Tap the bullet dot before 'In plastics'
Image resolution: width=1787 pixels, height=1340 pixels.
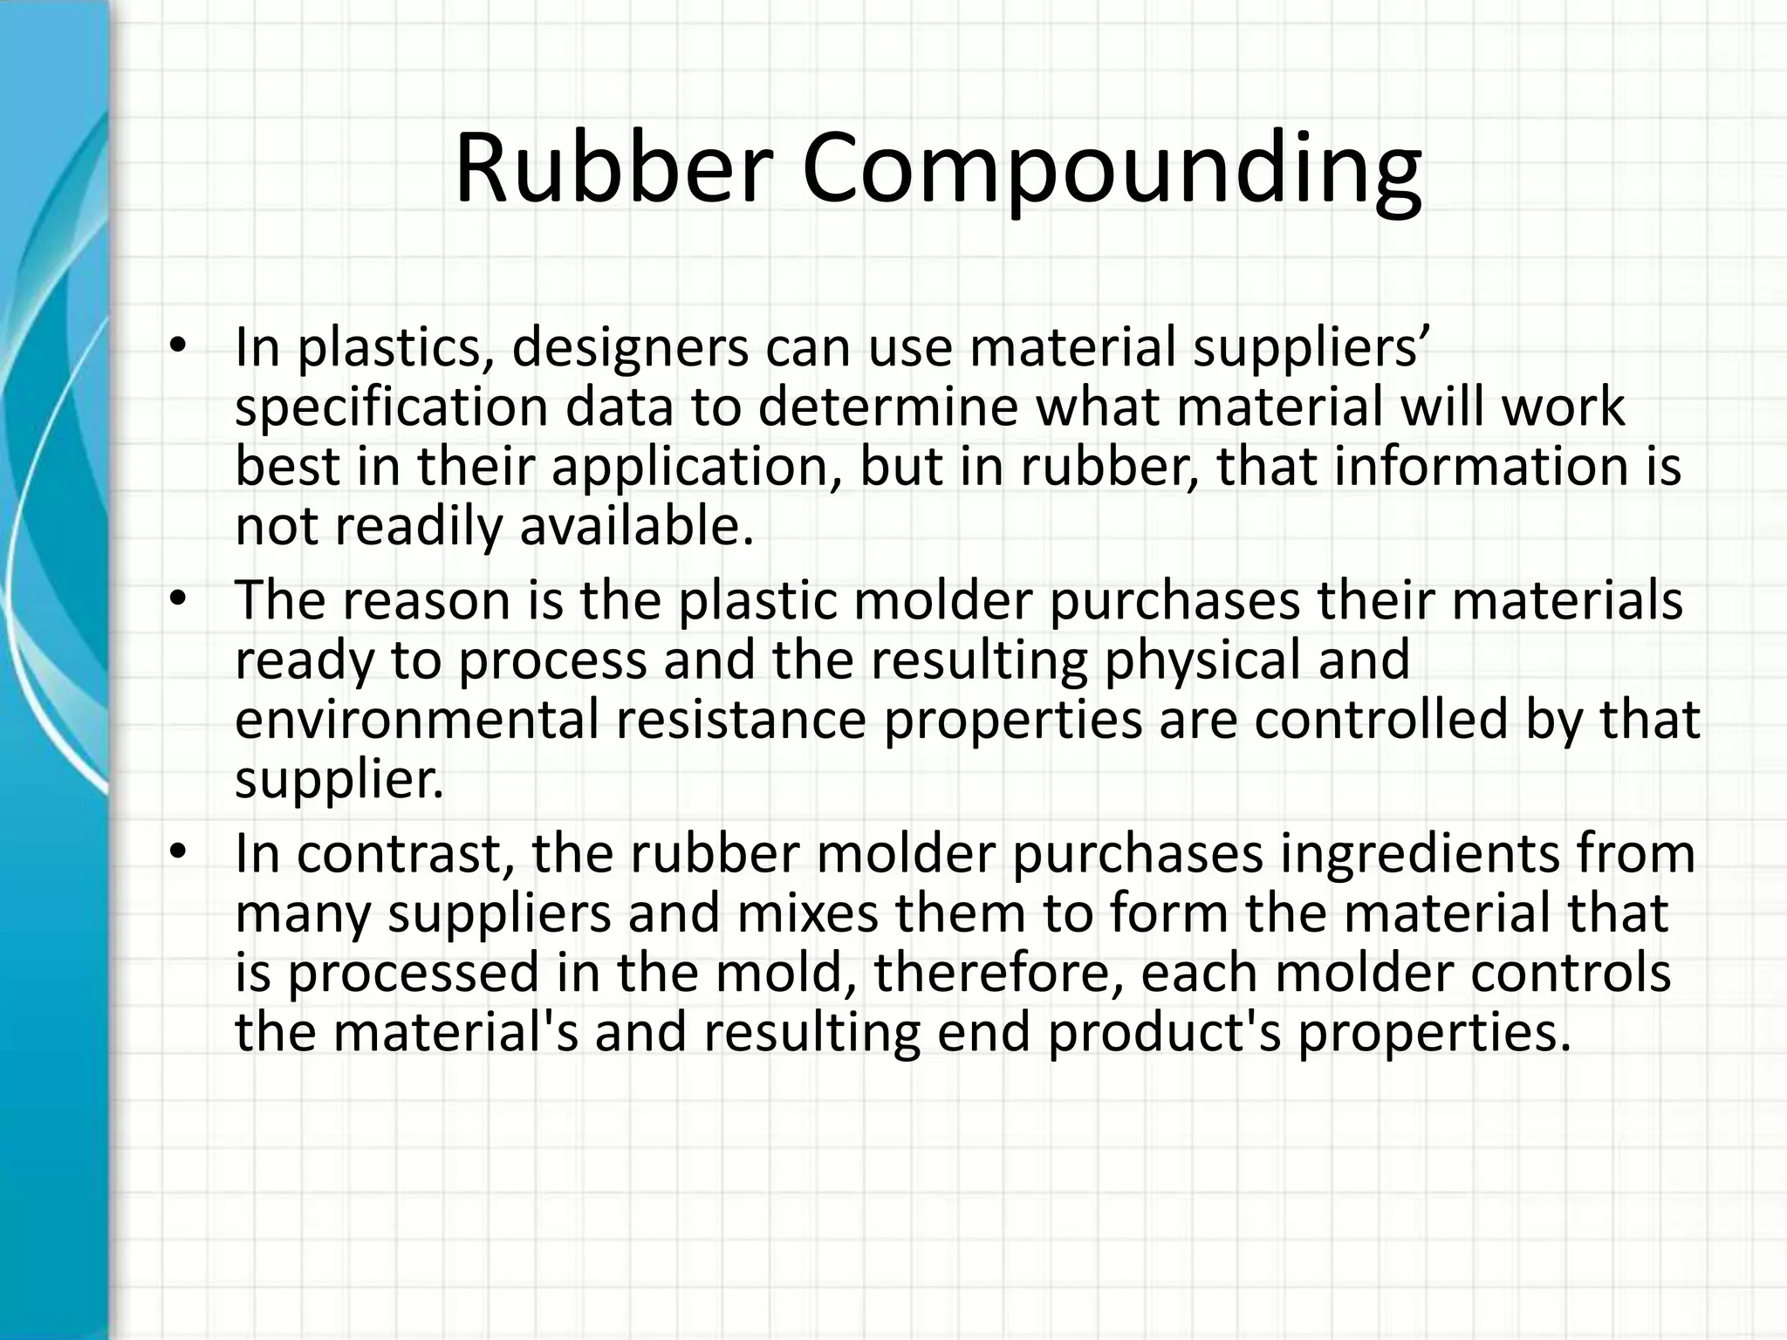pyautogui.click(x=178, y=346)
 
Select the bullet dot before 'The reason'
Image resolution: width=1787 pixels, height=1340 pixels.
pyautogui.click(x=178, y=599)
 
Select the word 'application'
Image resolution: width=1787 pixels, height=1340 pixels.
pyautogui.click(x=697, y=468)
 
